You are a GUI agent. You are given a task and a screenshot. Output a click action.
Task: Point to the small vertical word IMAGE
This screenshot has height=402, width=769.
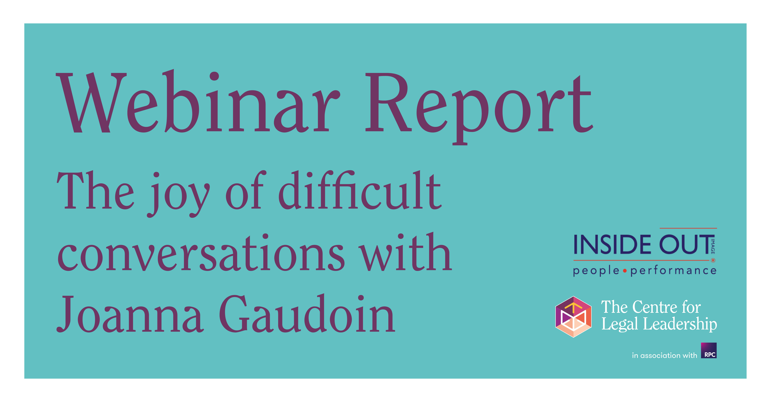tap(713, 246)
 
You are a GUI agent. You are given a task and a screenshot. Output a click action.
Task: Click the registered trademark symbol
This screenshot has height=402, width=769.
tap(713, 260)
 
